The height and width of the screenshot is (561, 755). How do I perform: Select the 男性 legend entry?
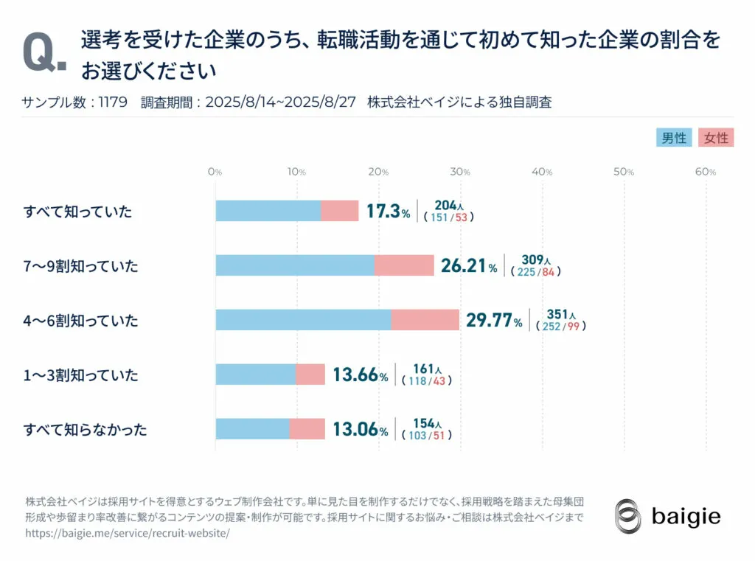(674, 138)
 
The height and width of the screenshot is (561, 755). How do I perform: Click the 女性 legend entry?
(715, 138)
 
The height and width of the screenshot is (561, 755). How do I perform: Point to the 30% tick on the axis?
(461, 172)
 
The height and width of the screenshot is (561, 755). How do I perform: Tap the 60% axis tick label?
(706, 172)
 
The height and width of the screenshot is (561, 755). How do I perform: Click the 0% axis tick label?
(215, 172)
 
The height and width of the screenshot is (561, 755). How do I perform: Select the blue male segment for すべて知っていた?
(268, 211)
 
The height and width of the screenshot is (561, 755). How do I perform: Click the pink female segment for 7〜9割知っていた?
(404, 265)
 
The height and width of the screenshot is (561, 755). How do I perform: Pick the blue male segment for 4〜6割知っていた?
(303, 320)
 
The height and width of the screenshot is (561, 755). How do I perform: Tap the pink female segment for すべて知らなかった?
(307, 428)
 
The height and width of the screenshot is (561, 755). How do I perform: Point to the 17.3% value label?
(388, 212)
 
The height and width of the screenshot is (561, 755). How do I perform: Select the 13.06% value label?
(360, 429)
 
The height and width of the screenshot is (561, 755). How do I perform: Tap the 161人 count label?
(427, 369)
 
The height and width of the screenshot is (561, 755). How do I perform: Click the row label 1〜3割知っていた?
(80, 375)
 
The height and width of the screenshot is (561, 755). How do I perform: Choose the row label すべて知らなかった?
(85, 429)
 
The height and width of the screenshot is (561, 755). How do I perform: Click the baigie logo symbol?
(629, 515)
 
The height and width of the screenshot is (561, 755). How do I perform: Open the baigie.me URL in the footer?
(128, 533)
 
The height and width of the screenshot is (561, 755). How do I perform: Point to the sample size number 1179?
(113, 102)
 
